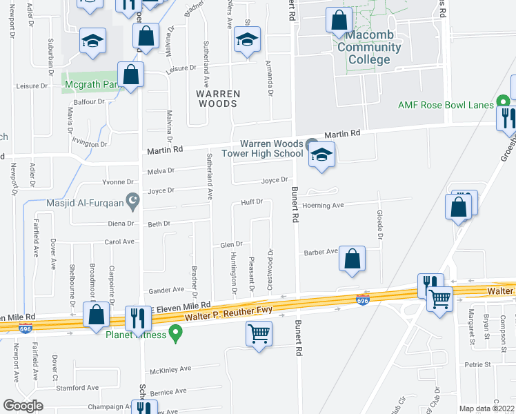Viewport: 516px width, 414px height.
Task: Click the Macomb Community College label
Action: tap(368, 48)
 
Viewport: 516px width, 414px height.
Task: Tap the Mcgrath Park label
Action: tap(90, 86)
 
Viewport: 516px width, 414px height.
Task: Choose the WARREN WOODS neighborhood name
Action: tap(217, 98)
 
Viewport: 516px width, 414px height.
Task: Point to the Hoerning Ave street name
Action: tap(323, 206)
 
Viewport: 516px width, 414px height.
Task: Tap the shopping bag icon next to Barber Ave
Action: tap(352, 261)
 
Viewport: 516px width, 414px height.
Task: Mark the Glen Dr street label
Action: tap(231, 244)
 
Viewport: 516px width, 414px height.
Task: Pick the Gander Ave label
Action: tap(169, 290)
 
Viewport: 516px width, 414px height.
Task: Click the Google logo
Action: tap(23, 406)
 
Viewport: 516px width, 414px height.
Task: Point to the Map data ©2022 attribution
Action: tap(487, 408)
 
